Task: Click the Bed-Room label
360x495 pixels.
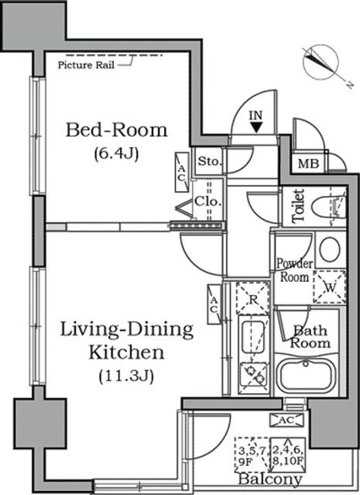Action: [x=116, y=130]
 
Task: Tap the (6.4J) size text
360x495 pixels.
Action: [x=116, y=154]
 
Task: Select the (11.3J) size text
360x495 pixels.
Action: [x=126, y=376]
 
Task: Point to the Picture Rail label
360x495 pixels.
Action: [x=86, y=65]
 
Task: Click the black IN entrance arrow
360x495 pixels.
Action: [x=257, y=127]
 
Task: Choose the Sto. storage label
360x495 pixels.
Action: [x=210, y=162]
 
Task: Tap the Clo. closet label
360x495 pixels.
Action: [x=207, y=201]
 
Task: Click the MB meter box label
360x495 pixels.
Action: [x=308, y=164]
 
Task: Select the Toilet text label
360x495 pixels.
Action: [x=298, y=206]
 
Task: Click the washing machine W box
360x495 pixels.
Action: [x=329, y=287]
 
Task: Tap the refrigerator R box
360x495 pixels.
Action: [x=252, y=298]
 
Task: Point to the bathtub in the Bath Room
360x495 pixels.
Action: [x=306, y=375]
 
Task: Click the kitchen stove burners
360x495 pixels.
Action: [x=254, y=375]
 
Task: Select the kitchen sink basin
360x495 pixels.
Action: [x=252, y=337]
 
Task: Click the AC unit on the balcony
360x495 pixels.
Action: [x=286, y=420]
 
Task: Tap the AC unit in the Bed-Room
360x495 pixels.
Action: [x=181, y=172]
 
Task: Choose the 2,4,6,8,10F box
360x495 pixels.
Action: [x=288, y=454]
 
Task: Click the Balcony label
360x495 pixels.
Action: [x=270, y=480]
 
